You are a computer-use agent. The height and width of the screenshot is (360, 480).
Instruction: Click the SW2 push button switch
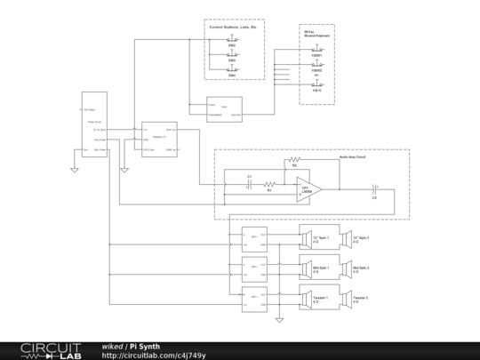click(x=233, y=42)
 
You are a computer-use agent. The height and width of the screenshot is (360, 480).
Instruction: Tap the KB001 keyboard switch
click(x=316, y=51)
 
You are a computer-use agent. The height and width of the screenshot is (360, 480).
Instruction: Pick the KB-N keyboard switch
click(x=316, y=84)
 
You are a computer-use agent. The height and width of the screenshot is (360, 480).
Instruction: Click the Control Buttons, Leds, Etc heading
click(x=233, y=28)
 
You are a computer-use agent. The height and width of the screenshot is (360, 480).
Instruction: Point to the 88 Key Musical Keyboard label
click(x=316, y=33)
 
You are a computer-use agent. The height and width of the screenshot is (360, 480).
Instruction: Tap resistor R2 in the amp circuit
click(x=294, y=169)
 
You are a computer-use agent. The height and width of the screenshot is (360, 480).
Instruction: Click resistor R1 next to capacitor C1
click(x=269, y=185)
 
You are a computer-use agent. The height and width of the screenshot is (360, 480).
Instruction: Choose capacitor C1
click(x=250, y=185)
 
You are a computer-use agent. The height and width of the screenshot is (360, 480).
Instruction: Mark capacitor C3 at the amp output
click(x=374, y=188)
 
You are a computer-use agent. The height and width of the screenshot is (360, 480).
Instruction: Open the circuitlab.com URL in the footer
click(x=154, y=356)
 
